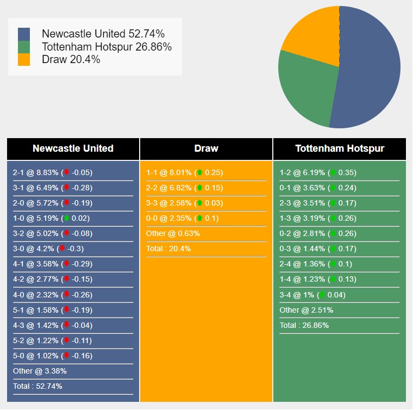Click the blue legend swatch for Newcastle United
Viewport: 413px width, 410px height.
[24, 34]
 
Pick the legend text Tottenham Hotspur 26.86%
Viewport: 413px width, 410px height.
[107, 47]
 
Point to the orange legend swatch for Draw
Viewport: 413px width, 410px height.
[24, 59]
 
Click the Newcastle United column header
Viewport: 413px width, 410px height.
[73, 148]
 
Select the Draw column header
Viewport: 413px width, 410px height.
[206, 148]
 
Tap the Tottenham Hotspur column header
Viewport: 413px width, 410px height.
[340, 148]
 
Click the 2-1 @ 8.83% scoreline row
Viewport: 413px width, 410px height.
[53, 173]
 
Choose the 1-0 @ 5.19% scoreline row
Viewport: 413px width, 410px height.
[52, 219]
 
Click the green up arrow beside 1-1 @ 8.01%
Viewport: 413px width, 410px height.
[199, 172]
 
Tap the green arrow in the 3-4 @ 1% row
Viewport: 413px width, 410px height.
[322, 295]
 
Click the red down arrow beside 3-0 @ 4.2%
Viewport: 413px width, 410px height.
[62, 249]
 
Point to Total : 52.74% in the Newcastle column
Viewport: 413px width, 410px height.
[37, 386]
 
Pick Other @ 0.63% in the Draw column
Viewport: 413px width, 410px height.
[173, 234]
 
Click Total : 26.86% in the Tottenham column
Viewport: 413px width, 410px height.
[304, 325]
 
